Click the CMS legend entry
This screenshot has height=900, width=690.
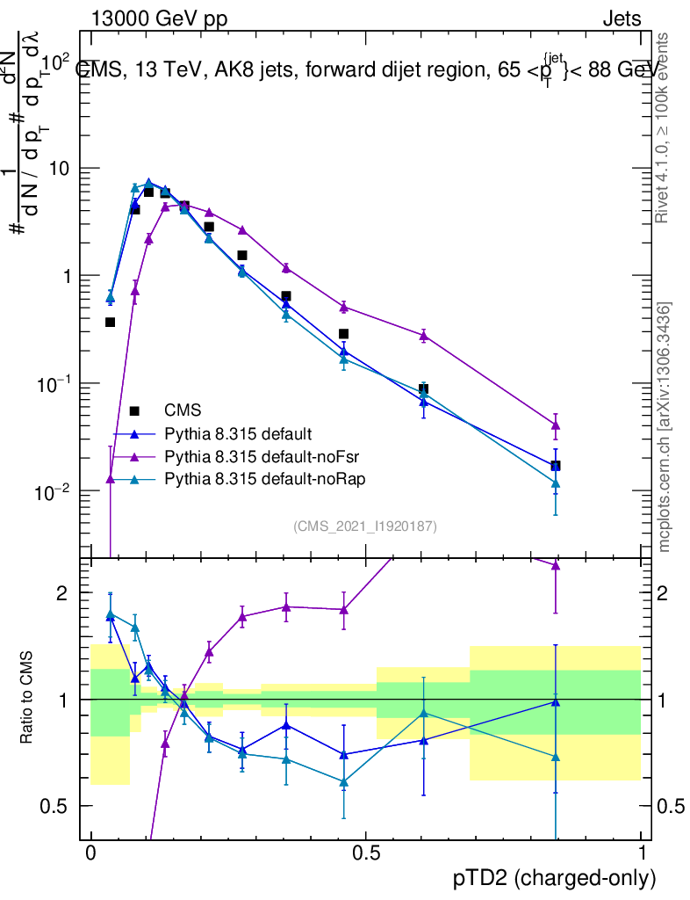coord(182,410)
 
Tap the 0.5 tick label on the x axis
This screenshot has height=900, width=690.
coord(365,853)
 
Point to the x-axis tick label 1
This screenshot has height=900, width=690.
coord(642,853)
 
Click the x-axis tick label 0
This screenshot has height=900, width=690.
coord(90,853)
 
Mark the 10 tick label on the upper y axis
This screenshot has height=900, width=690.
coord(61,168)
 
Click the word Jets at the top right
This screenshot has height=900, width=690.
coord(621,19)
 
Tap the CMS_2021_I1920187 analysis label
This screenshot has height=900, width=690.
coord(365,526)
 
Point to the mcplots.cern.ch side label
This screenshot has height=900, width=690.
coord(665,427)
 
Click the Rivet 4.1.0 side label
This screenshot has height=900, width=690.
coord(665,127)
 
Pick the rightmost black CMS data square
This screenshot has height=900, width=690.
coord(556,465)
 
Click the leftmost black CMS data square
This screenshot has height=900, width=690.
coord(111,322)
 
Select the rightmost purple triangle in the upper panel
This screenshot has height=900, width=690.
coord(556,425)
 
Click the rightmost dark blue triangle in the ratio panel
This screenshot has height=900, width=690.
coord(556,701)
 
